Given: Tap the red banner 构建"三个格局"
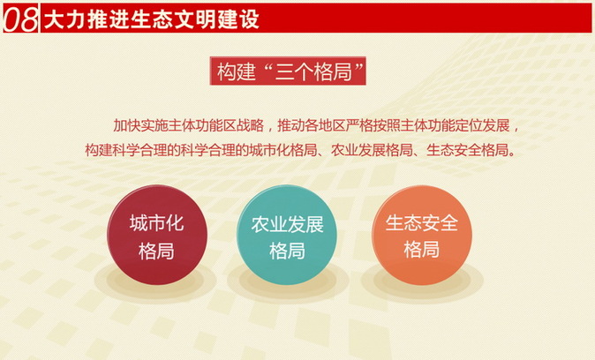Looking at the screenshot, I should pos(290,71).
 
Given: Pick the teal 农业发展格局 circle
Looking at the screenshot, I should pos(287,236).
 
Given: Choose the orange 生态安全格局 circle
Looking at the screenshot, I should pos(421,236).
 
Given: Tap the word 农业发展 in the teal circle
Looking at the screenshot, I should pos(287,223).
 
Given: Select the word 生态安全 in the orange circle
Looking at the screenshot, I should pos(421,222).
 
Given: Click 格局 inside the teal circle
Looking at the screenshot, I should pos(287,251).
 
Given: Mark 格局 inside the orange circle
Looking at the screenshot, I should pos(421,250).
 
